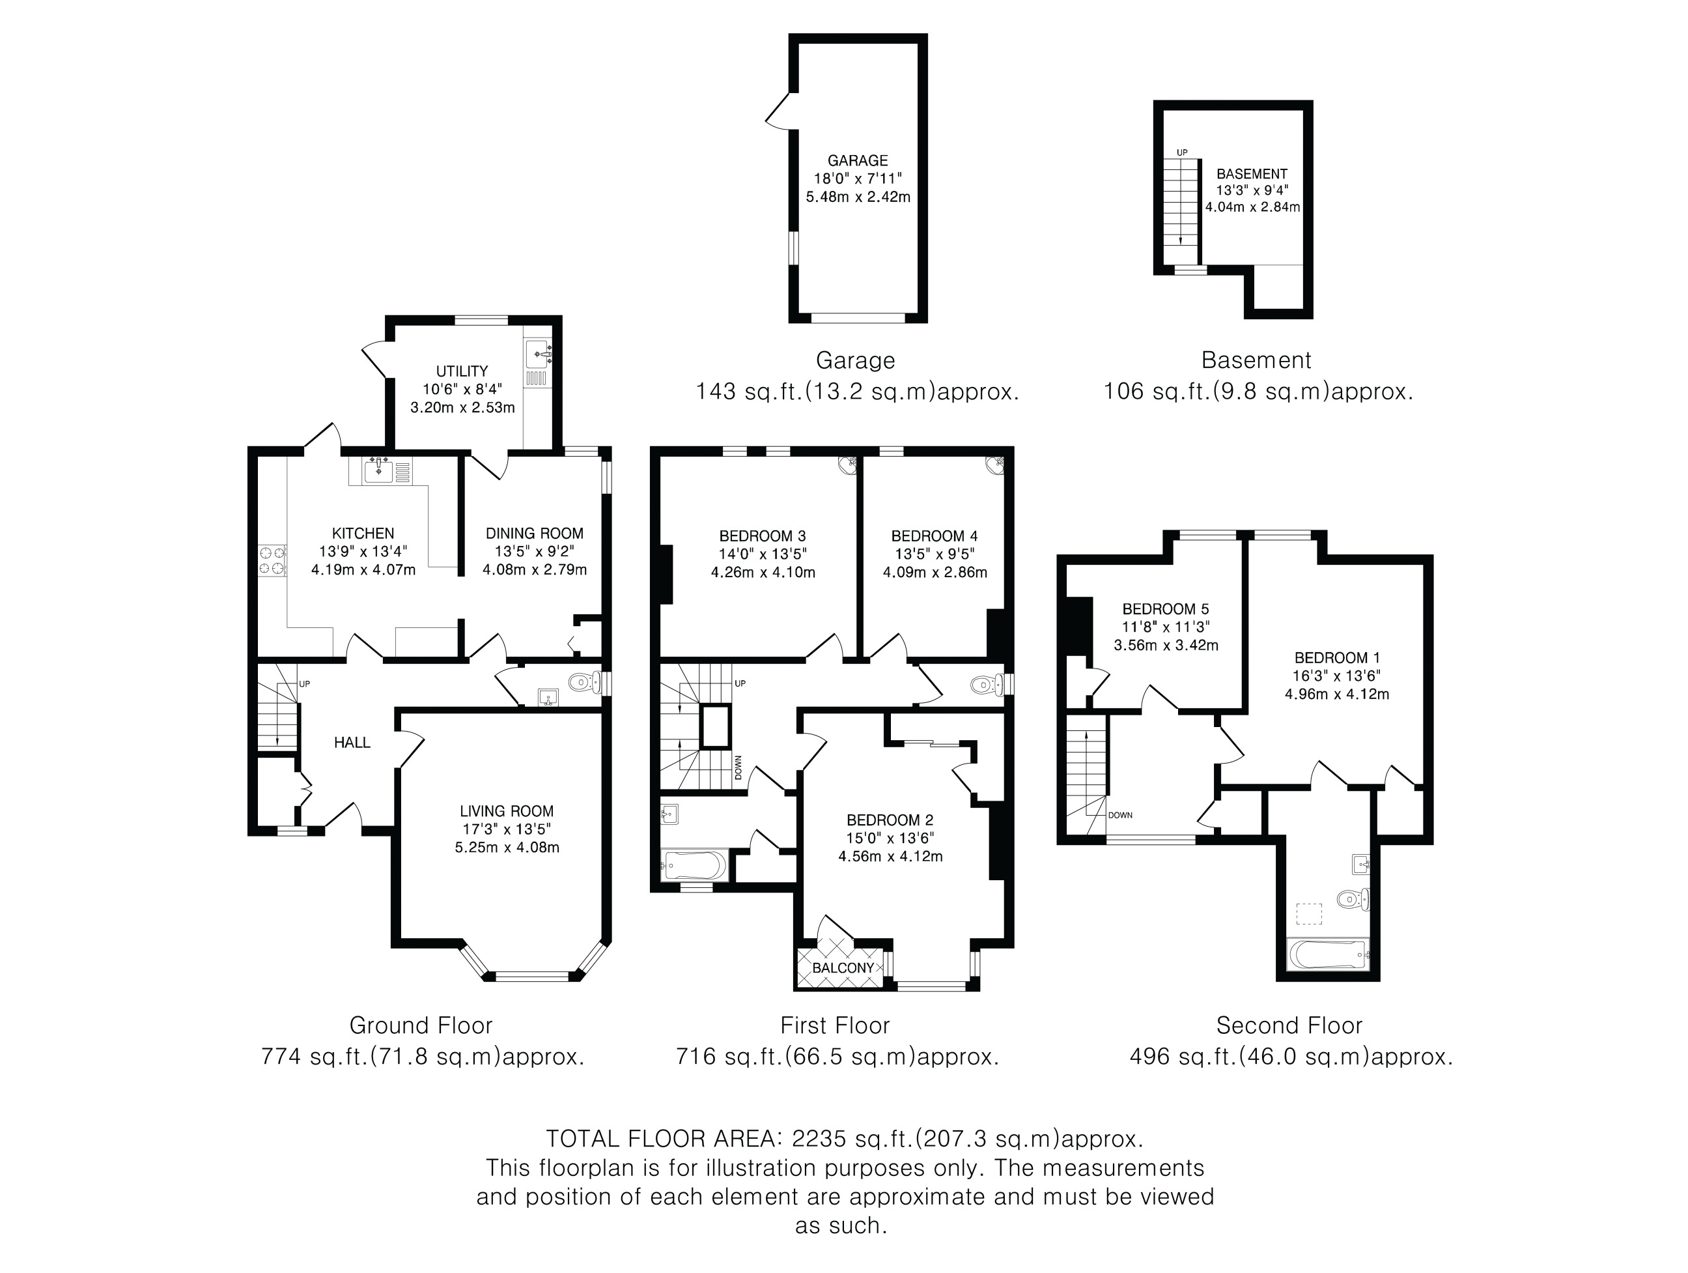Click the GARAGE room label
tap(858, 160)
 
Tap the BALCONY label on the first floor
tap(843, 967)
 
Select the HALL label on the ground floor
tap(352, 743)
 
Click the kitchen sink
tap(378, 471)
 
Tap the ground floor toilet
tap(586, 681)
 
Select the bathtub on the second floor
tap(1328, 954)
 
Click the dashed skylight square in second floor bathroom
tap(1310, 913)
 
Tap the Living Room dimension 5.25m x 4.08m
tap(507, 847)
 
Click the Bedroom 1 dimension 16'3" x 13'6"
tap(1337, 676)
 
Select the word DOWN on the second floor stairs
tap(1120, 815)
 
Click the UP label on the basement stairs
tap(1182, 152)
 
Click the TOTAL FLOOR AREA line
tap(845, 1139)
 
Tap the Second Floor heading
tap(1289, 1025)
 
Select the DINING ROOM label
tap(534, 534)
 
